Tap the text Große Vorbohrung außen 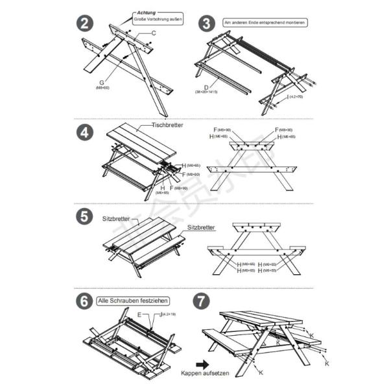tap(158, 20)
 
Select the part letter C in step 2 tap(154, 32)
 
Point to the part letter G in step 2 tap(102, 82)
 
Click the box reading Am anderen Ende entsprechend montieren tap(265, 22)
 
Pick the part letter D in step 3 tap(206, 86)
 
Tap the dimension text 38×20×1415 tap(206, 92)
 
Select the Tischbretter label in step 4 tap(168, 124)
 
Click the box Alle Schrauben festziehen tap(133, 301)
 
